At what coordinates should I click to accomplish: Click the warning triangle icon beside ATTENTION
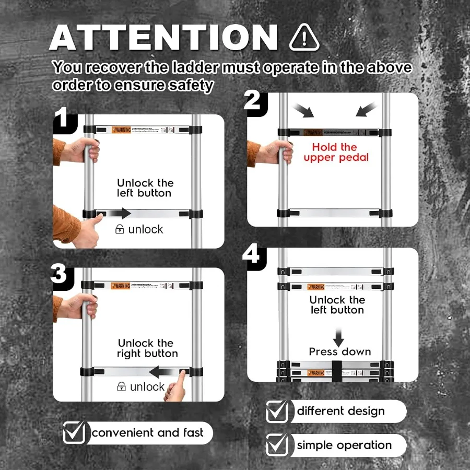(304, 37)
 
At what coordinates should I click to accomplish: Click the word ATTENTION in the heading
(163, 38)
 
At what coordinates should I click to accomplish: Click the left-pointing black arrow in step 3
(162, 372)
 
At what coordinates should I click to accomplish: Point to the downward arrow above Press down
(340, 336)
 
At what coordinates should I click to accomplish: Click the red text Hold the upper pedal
(334, 152)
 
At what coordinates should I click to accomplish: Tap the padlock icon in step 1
(120, 229)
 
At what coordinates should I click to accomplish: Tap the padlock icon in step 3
(121, 387)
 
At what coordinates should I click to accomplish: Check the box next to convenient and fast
(74, 433)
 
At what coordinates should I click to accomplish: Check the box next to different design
(277, 412)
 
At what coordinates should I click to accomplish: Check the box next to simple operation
(277, 445)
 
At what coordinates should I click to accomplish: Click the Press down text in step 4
(339, 351)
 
